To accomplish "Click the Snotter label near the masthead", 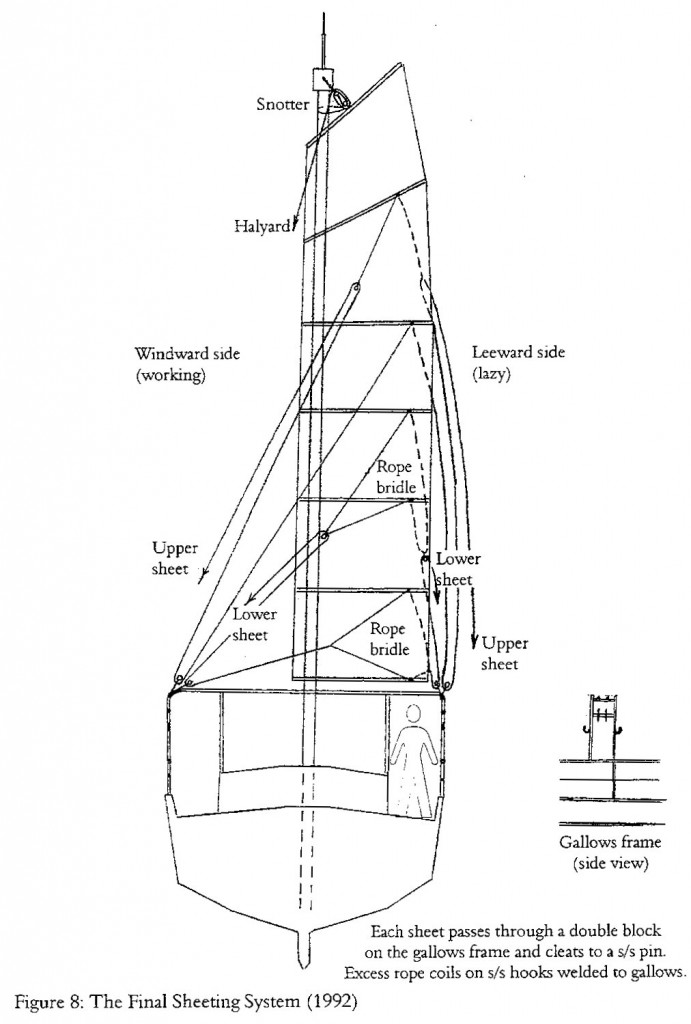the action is coord(282,104).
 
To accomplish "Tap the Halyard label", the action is coord(263,227).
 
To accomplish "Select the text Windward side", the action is coord(187,353).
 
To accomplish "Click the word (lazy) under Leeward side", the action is coord(490,375).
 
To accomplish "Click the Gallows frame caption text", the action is coord(610,842).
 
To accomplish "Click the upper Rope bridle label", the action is coord(396,477).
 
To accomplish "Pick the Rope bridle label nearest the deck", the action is coord(390,639).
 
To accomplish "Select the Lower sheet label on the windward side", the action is coord(253,624).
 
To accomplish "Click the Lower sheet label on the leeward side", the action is coord(457,568).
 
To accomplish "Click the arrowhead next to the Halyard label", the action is coord(295,225).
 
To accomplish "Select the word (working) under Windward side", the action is coord(170,376).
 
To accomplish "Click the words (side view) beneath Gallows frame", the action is coord(611,864).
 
